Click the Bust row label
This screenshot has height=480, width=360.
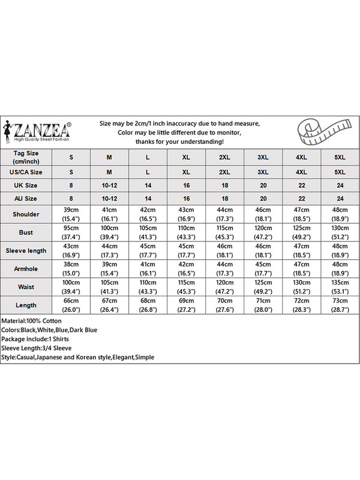click(26, 232)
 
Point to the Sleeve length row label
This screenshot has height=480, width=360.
click(26, 250)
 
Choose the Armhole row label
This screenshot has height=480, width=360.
click(26, 268)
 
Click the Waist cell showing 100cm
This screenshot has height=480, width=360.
click(71, 286)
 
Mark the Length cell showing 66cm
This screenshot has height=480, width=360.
click(71, 304)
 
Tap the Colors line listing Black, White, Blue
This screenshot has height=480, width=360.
click(49, 330)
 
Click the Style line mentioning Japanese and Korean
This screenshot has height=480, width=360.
click(77, 357)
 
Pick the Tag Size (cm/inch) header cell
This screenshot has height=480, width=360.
click(26, 157)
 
